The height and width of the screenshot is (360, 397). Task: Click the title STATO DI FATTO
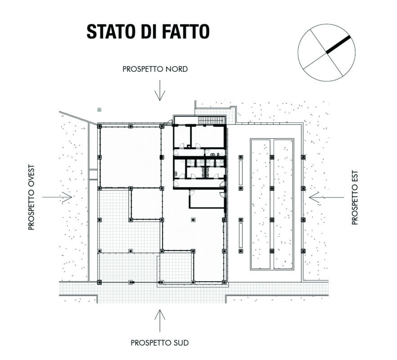click(x=148, y=31)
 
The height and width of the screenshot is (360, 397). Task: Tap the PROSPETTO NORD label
click(x=155, y=69)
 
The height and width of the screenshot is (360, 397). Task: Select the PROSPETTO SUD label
click(x=160, y=343)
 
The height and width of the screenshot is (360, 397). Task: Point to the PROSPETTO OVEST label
click(x=32, y=198)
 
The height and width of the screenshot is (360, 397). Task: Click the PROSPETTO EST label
click(x=355, y=198)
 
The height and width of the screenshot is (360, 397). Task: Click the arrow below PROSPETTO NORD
click(x=160, y=90)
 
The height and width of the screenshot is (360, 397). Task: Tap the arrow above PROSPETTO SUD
click(x=160, y=320)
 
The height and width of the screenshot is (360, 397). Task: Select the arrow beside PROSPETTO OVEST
click(x=57, y=197)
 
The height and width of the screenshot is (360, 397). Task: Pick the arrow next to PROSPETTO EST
click(x=327, y=198)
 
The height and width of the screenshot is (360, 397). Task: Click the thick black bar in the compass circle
click(x=338, y=45)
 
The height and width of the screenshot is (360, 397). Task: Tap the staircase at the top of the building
click(x=212, y=120)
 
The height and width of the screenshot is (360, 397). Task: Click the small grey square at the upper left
click(x=99, y=110)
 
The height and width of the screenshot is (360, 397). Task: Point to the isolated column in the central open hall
click(x=193, y=220)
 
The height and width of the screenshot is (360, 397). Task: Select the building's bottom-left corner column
click(x=99, y=282)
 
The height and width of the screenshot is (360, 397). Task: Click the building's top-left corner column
click(x=99, y=126)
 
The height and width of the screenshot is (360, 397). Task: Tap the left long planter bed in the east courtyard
click(x=261, y=204)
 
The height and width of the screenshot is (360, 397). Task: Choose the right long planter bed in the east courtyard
click(x=283, y=204)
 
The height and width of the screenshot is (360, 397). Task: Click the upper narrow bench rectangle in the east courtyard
click(x=241, y=172)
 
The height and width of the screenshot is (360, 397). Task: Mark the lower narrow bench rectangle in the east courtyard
click(x=241, y=235)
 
